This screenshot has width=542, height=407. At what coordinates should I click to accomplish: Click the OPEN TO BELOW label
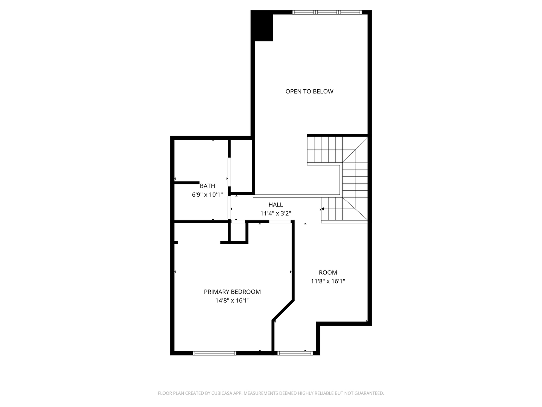pos(309,92)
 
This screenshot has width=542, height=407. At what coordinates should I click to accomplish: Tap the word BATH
pos(207,186)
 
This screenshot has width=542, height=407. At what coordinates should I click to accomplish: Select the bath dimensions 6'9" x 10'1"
pos(207,195)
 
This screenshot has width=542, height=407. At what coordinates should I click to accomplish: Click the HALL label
pos(276,205)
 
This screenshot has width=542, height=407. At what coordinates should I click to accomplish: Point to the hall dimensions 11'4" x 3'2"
pos(276,214)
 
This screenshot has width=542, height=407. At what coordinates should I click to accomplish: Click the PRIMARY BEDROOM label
pos(232,292)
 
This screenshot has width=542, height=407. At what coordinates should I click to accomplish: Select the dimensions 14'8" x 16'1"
pos(232,300)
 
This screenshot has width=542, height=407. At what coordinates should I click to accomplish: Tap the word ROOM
pos(328,272)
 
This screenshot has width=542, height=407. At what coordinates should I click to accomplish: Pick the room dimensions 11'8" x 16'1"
pos(328,281)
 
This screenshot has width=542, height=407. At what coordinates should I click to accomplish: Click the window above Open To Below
pos(327,12)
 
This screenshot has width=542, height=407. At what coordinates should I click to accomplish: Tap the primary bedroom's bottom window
pos(214,353)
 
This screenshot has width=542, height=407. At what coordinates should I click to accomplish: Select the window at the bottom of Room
pos(295,353)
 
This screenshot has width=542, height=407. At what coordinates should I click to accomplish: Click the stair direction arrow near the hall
pos(322,209)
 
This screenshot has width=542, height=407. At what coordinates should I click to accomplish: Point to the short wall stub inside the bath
pos(187,183)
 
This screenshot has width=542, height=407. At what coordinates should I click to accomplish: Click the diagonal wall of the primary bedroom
pos(283,311)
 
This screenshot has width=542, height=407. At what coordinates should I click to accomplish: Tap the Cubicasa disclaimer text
pos(271,393)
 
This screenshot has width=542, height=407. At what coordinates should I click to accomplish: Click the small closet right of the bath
pos(241,166)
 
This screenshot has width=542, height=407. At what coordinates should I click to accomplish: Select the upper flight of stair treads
pos(325,150)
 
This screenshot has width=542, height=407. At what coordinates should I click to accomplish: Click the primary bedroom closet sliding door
pos(199,242)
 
